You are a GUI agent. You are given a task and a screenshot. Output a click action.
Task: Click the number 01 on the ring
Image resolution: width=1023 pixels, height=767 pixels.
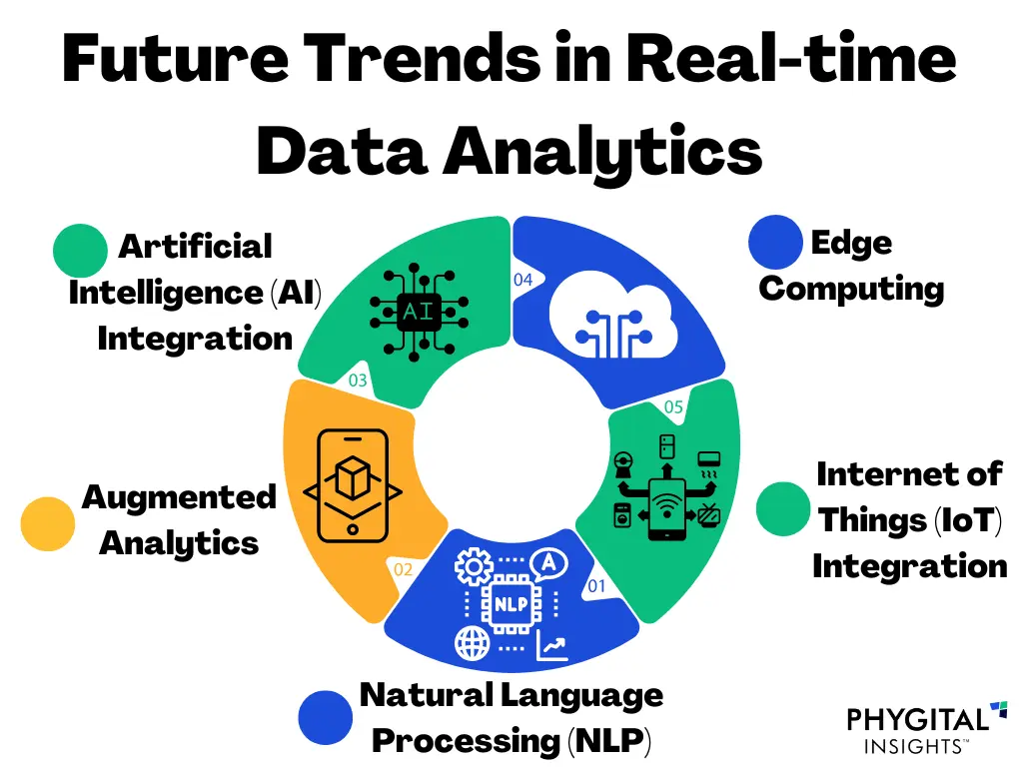596,586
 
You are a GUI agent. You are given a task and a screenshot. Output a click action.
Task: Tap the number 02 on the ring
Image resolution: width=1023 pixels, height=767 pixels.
403,570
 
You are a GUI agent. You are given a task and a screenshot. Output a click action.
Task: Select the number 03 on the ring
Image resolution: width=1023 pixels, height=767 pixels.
358,380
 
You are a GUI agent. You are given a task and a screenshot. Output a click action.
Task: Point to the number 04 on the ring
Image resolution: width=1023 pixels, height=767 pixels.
523,280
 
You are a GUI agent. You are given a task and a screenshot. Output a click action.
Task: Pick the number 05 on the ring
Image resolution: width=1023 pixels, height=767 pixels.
674,406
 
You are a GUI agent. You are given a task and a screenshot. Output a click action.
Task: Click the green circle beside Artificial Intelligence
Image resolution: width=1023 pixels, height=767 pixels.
80,251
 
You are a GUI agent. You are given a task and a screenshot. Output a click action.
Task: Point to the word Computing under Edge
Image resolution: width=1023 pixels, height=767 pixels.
851,289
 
